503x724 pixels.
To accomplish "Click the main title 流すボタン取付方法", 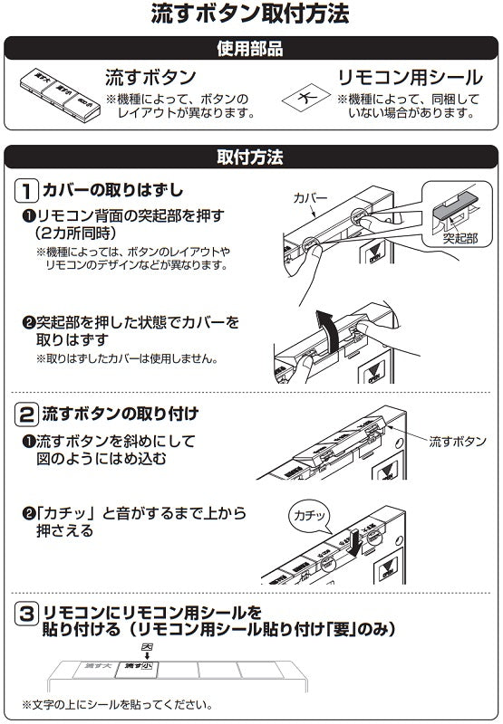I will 251,14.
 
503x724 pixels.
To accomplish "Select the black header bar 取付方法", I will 251,157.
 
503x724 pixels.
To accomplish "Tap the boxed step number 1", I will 27,191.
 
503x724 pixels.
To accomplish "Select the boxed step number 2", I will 27,414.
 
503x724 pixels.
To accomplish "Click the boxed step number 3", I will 27,616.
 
